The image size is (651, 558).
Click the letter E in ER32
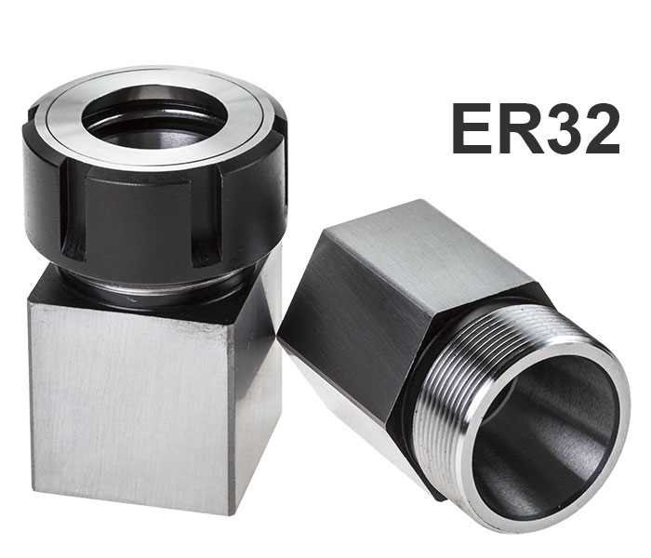[472, 128]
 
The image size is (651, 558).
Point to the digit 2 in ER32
[600, 128]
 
